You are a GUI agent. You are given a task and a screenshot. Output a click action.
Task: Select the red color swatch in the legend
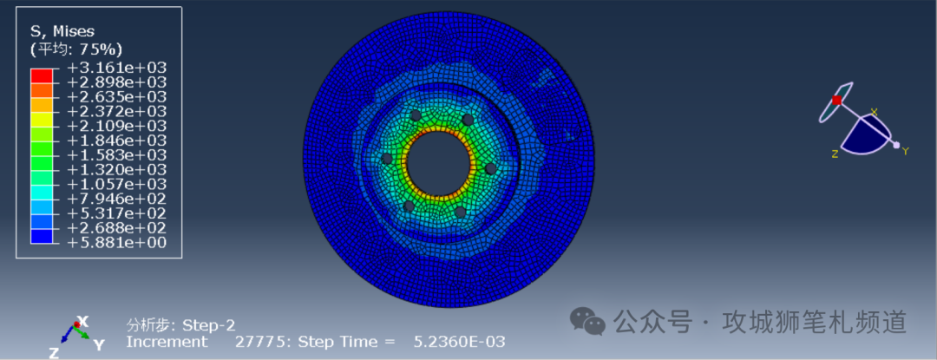[42, 75]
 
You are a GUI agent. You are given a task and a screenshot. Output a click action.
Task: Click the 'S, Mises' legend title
[62, 31]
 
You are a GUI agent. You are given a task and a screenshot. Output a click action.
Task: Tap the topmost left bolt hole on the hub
[415, 115]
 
